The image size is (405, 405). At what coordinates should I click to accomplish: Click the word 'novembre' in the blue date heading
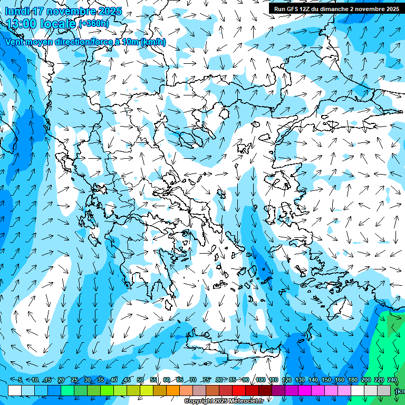[x=75, y=11]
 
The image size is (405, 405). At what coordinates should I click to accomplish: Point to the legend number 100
[x=260, y=380]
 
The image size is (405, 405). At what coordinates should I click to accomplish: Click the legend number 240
[x=392, y=380]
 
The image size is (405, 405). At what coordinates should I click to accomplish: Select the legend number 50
[x=140, y=380]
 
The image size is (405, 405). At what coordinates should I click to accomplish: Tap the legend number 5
[x=20, y=380]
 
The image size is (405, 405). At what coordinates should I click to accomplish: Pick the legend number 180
[x=352, y=380]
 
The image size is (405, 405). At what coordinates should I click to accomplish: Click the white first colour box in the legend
[x=15, y=390]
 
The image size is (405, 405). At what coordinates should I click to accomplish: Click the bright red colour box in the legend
[x=239, y=390]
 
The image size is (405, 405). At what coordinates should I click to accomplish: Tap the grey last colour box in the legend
[x=384, y=390]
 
